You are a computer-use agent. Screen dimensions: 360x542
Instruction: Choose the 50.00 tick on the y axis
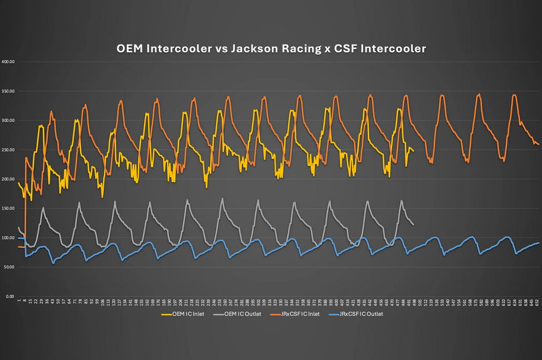tap(9, 267)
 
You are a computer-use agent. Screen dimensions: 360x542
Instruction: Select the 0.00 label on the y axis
tap(10, 297)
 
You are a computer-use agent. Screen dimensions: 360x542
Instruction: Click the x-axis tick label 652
tap(537, 303)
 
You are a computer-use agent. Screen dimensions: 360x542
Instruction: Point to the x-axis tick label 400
tap(336, 303)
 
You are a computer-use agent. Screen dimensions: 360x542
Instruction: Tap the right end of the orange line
tap(539, 145)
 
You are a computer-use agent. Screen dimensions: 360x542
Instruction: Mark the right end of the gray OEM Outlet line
tap(413, 225)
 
